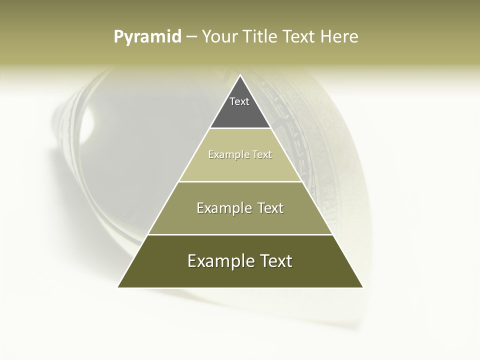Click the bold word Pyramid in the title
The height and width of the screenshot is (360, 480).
147,37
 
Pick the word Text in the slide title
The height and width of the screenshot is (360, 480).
300,37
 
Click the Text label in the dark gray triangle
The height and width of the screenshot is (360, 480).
239,101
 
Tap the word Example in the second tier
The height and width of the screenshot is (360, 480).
229,155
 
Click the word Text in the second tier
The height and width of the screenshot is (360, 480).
262,155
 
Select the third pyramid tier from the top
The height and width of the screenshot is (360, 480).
240,220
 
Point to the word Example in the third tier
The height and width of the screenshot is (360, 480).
223,208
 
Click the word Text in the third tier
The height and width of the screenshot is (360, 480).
270,208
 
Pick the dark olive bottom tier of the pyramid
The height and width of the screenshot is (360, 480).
240,275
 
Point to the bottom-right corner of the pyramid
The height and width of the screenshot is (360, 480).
362,287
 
